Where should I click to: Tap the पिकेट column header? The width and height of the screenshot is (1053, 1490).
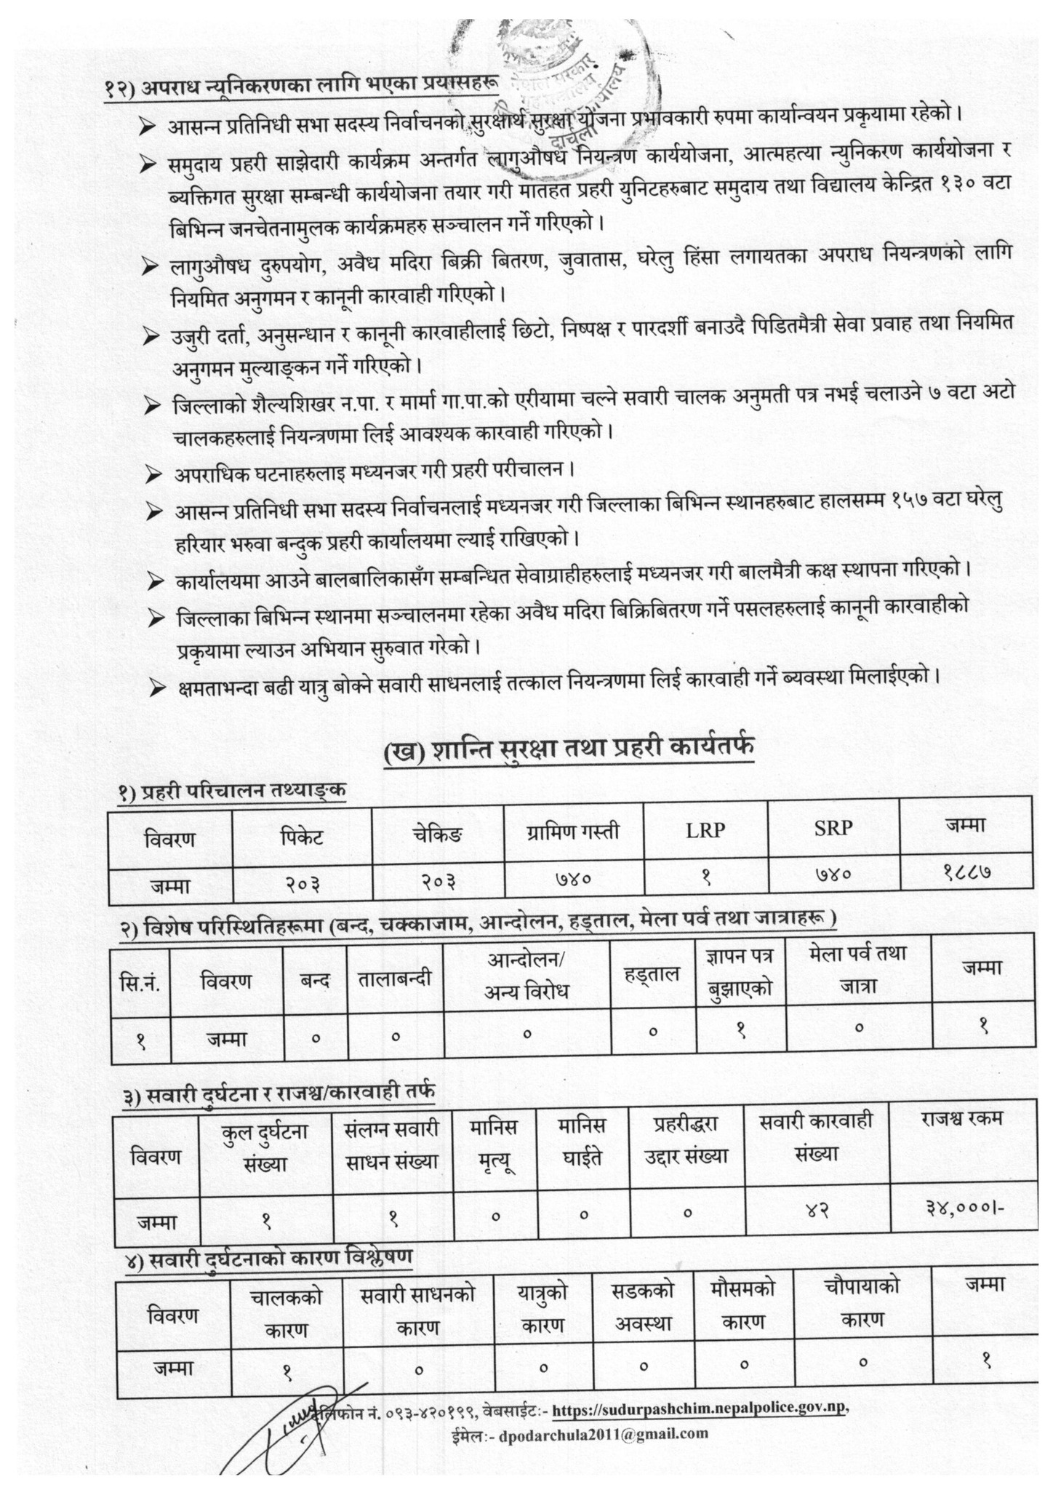pos(302,837)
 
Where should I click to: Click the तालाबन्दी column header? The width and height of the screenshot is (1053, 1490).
pos(396,978)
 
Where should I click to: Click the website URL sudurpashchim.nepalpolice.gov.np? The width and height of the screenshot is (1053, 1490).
pos(700,1409)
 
